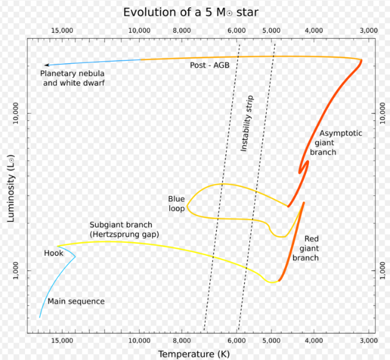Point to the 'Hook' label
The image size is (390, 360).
tap(53, 253)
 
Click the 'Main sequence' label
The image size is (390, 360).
tap(76, 302)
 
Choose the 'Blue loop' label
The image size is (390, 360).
tap(176, 203)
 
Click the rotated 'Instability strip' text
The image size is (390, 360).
tap(247, 123)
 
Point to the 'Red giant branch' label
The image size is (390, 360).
tap(308, 248)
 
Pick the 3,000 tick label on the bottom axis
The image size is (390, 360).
tap(369, 340)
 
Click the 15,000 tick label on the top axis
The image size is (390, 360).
tap(62, 30)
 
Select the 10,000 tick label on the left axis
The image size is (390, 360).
tap(16, 113)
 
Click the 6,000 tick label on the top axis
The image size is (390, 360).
tap(236, 30)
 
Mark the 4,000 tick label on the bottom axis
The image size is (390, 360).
tap(313, 340)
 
